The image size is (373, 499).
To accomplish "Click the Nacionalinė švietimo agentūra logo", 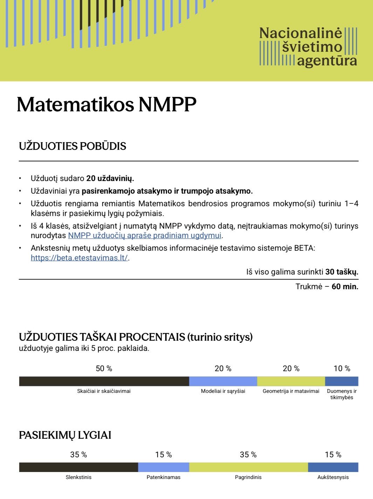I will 308,47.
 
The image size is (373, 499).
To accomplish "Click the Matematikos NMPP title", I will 106,104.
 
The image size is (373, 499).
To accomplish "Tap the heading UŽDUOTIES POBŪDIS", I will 72,146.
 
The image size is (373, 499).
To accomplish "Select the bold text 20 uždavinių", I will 110,178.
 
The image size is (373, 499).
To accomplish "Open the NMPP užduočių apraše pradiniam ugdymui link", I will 145,235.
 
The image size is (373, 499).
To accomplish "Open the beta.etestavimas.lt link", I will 80,258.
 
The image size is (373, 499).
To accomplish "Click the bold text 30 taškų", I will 341,272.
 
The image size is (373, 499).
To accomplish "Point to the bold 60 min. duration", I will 345,286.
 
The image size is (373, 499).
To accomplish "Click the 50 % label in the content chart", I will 104,368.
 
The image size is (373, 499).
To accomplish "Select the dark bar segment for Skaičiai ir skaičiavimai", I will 104,381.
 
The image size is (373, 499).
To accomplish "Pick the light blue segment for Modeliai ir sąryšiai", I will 223,381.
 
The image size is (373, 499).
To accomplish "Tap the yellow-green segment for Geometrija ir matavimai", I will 291,381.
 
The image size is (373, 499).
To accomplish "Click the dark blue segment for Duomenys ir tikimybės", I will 341,381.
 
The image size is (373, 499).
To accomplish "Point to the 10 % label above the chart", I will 342,368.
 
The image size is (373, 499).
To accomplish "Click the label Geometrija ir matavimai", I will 291,391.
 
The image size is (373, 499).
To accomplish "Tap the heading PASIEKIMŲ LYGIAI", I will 65,435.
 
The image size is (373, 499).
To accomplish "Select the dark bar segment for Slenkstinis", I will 78,467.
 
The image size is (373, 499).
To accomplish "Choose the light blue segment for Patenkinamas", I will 164,467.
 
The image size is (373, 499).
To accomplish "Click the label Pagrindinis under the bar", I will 248,477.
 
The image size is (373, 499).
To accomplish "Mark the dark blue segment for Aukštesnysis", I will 333,467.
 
